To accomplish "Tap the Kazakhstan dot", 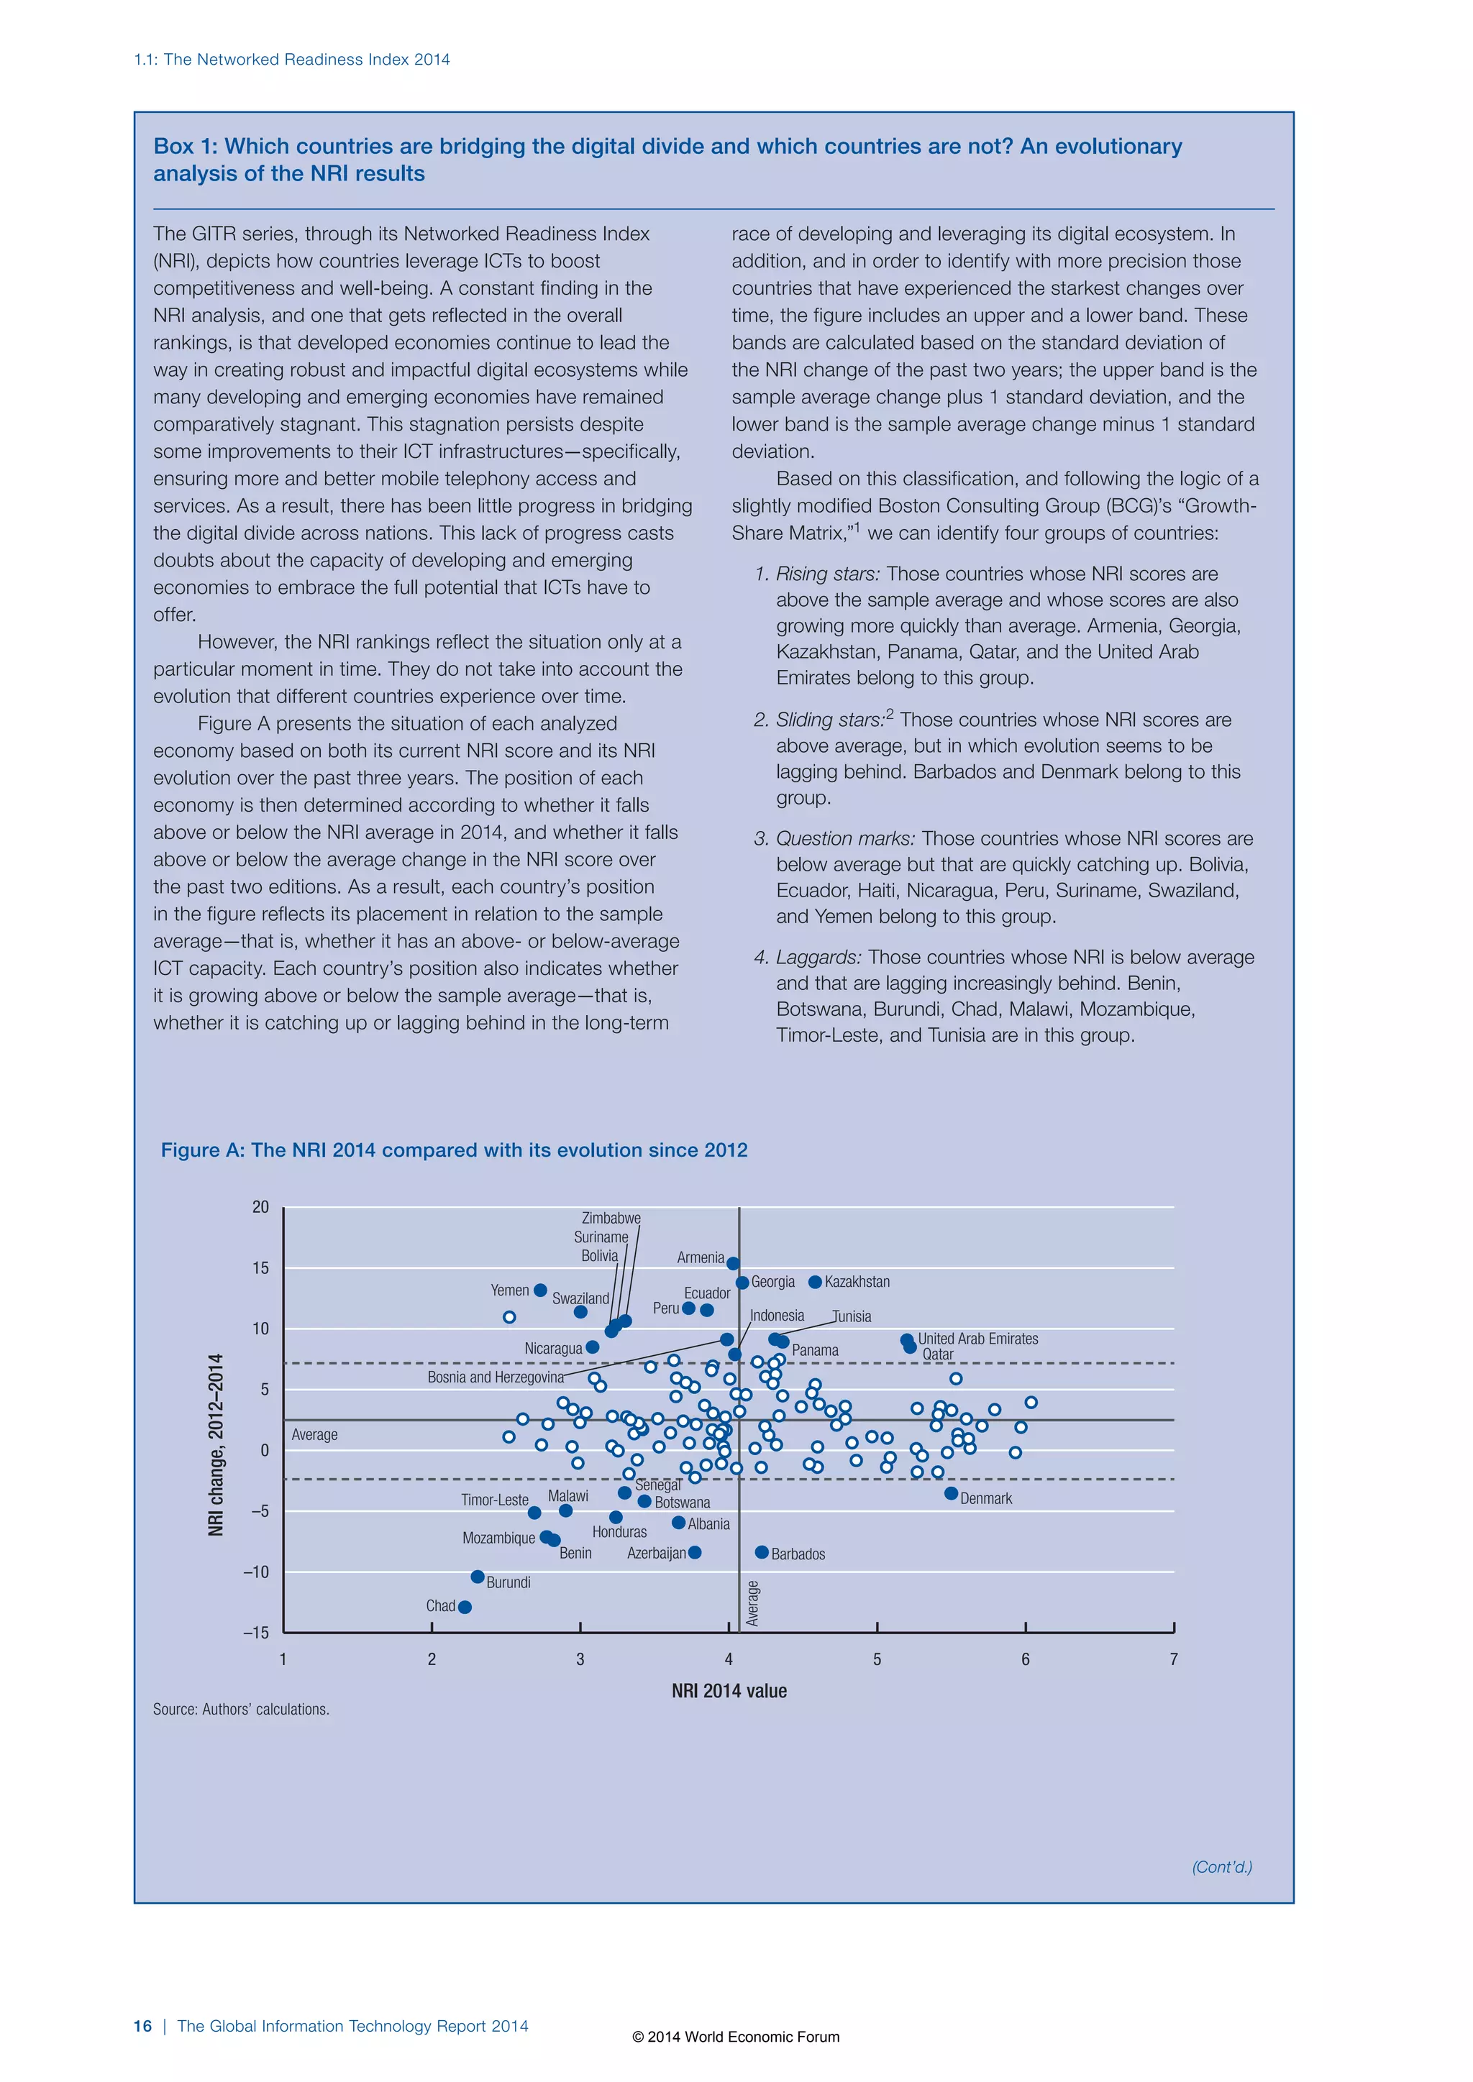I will (814, 1281).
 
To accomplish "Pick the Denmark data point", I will (951, 1492).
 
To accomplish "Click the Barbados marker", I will (762, 1552).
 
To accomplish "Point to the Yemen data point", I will (539, 1290).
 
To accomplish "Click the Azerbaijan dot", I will (695, 1552).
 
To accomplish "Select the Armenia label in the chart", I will (701, 1257).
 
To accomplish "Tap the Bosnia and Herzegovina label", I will (496, 1377).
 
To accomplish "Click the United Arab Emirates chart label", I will (977, 1339).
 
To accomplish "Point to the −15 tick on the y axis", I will (257, 1632).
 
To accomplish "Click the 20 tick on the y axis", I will (261, 1207).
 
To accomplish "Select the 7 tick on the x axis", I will (1174, 1659).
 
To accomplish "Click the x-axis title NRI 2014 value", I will (729, 1690).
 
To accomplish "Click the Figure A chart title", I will (454, 1150).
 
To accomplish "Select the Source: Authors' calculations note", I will (240, 1710).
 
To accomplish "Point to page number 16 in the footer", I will (142, 2026).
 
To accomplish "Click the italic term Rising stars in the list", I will (827, 574).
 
